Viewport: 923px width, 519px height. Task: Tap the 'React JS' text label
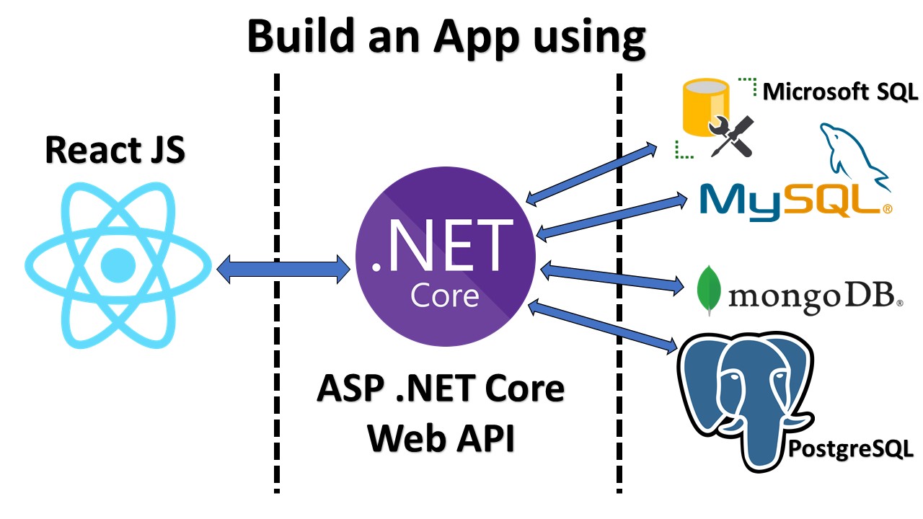[x=115, y=150]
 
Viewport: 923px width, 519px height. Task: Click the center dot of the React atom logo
[x=118, y=265]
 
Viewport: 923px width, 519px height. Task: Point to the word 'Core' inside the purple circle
[x=444, y=296]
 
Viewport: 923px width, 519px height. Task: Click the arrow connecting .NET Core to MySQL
[x=611, y=213]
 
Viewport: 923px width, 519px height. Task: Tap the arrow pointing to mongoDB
[x=611, y=278]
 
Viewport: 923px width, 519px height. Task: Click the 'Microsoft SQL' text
[x=840, y=92]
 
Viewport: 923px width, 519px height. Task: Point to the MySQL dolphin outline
[x=851, y=155]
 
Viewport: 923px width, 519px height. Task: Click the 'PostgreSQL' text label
[x=851, y=448]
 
